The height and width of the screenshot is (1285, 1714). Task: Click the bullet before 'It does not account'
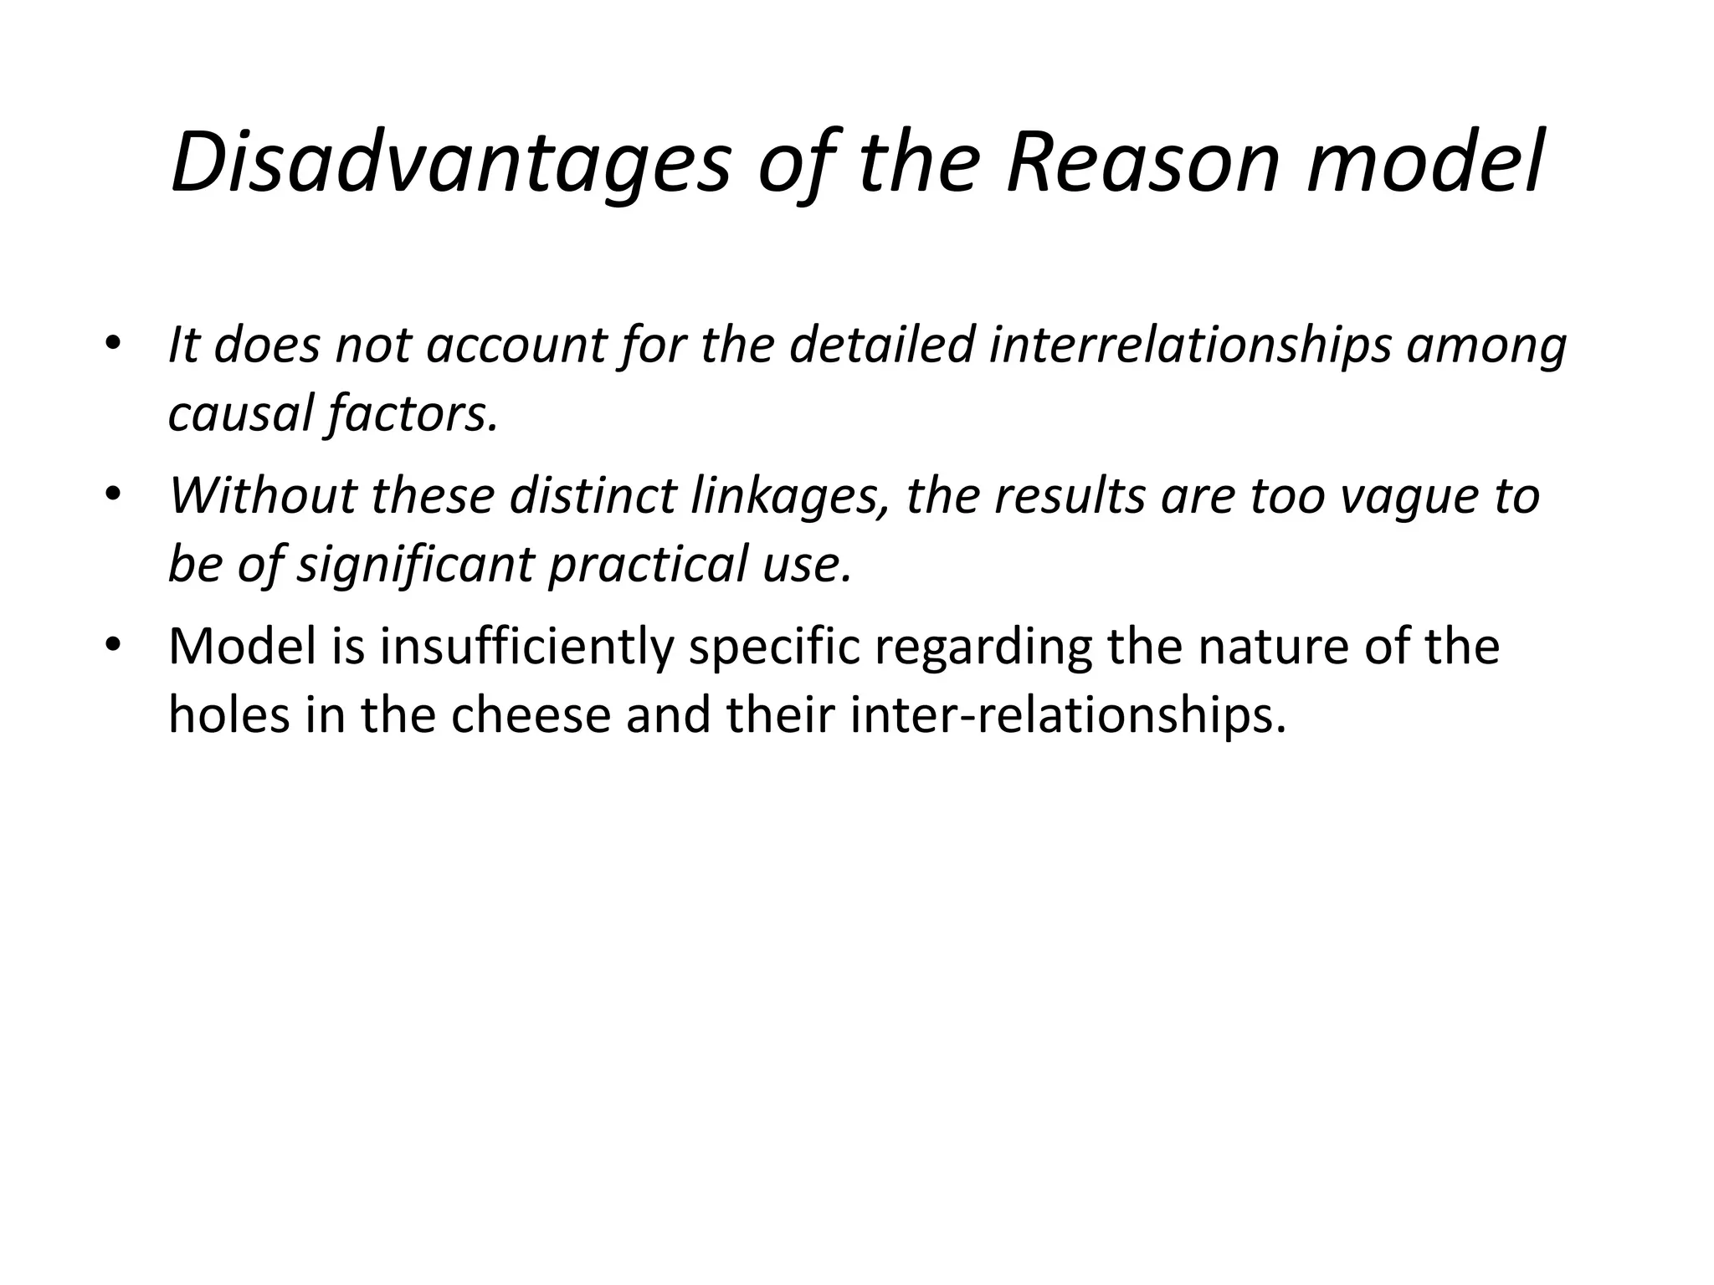pyautogui.click(x=114, y=346)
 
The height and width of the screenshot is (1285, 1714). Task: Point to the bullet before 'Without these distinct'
pyautogui.click(x=114, y=495)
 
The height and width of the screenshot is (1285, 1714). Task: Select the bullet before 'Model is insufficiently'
pyautogui.click(x=114, y=646)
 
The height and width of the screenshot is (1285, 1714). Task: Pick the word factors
pyautogui.click(x=412, y=414)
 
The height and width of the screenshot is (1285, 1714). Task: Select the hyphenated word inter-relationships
pyautogui.click(x=1067, y=716)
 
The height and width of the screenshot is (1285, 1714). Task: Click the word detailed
pyautogui.click(x=882, y=346)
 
